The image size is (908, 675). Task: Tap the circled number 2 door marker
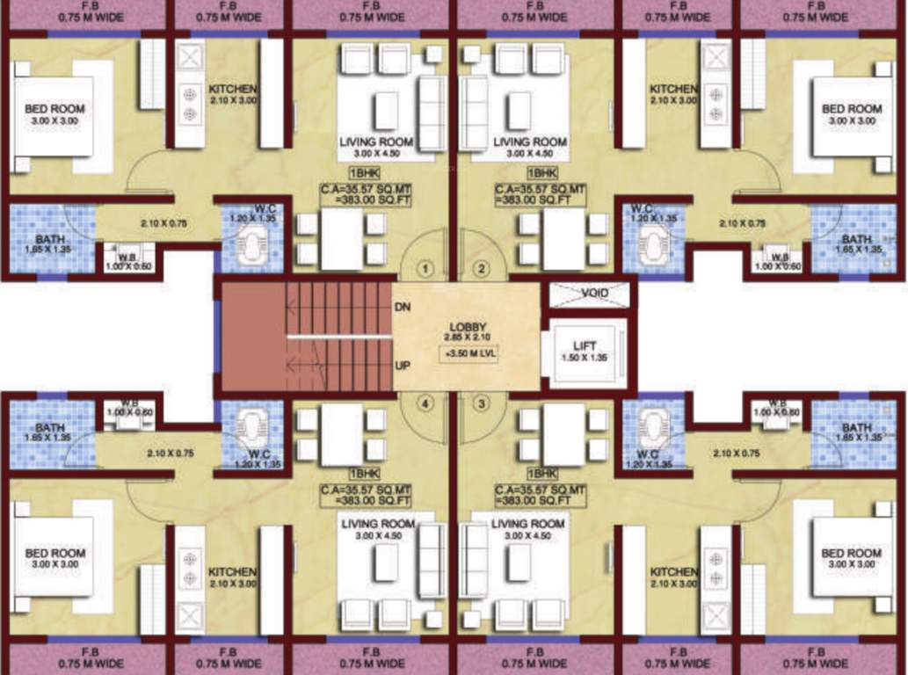[481, 268]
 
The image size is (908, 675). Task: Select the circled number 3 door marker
[481, 404]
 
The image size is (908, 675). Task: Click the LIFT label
[585, 346]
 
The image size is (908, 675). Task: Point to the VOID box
[590, 294]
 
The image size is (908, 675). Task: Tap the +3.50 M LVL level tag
[467, 353]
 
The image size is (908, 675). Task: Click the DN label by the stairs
[403, 307]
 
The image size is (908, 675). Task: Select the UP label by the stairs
[403, 363]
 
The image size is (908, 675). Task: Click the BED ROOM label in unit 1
[55, 109]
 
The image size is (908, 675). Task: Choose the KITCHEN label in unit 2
[674, 90]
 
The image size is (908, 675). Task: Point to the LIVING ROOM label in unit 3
[528, 524]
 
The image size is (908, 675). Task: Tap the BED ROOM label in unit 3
[852, 553]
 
